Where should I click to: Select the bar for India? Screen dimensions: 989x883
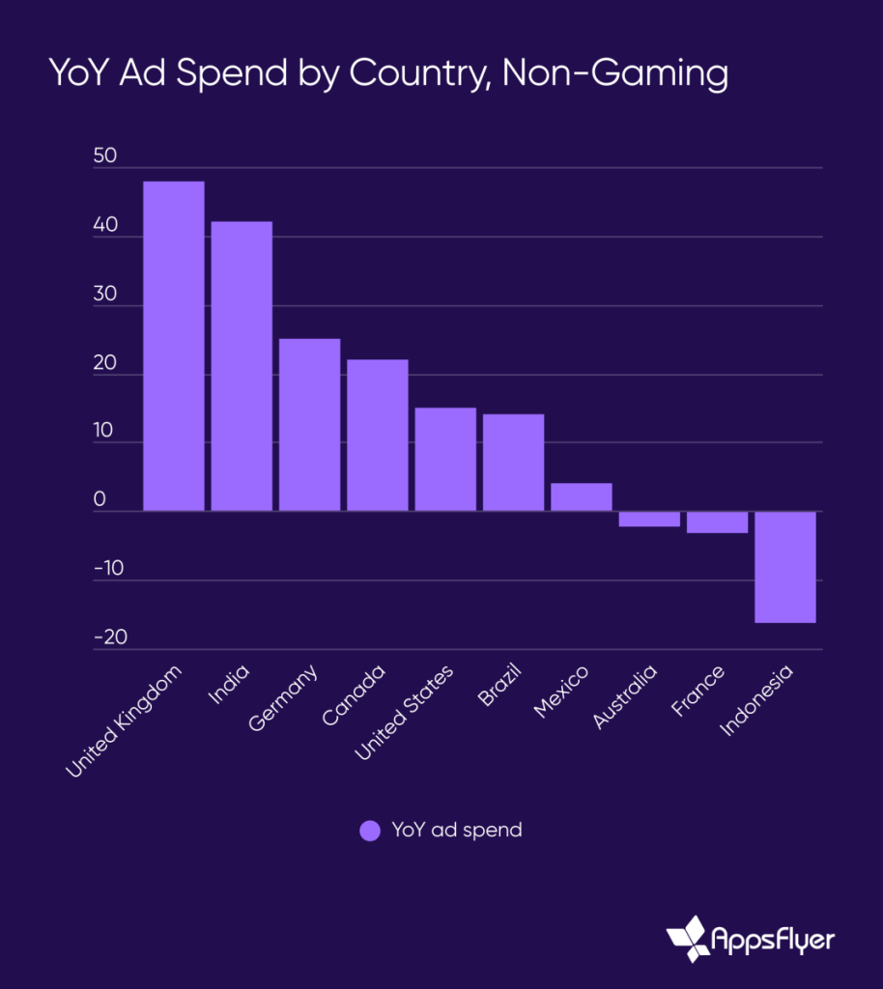[x=242, y=366]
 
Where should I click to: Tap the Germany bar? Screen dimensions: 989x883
[x=310, y=424]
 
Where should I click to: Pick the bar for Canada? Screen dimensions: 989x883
[x=378, y=435]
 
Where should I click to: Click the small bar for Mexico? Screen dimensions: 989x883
[x=582, y=496]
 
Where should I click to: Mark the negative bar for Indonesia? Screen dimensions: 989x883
[x=785, y=567]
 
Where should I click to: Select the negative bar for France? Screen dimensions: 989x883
[x=717, y=523]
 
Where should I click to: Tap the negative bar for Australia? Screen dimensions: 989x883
[x=649, y=520]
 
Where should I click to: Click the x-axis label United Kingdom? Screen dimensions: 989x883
[x=125, y=721]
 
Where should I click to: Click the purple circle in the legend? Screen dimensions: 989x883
[x=370, y=831]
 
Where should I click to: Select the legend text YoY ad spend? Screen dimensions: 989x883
[x=456, y=831]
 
